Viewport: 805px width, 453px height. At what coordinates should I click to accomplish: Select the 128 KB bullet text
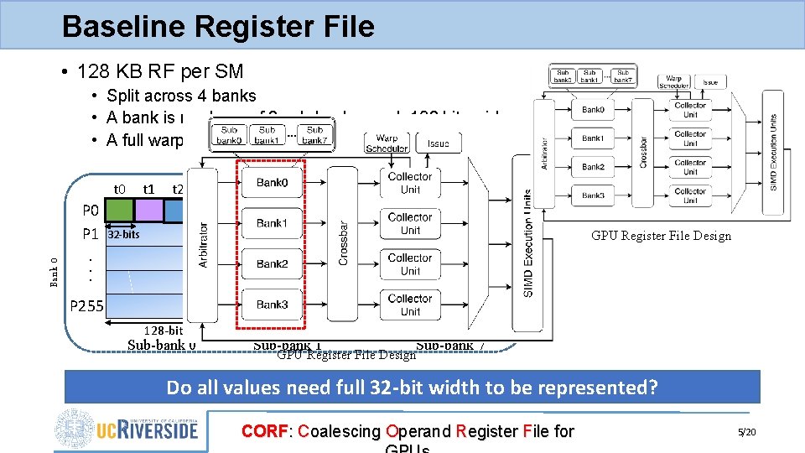pos(159,71)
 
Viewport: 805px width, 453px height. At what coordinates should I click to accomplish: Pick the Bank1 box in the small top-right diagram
pos(593,138)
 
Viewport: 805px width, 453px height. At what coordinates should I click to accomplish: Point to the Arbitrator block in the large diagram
pos(202,244)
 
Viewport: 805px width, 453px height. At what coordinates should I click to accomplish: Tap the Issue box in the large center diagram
pos(439,143)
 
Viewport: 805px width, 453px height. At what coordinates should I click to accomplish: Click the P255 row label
pos(87,306)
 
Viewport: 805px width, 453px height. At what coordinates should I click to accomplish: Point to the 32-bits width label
pos(122,235)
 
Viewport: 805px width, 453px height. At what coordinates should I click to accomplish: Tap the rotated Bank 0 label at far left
pos(54,272)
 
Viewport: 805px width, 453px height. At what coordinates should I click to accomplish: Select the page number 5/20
pos(745,432)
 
